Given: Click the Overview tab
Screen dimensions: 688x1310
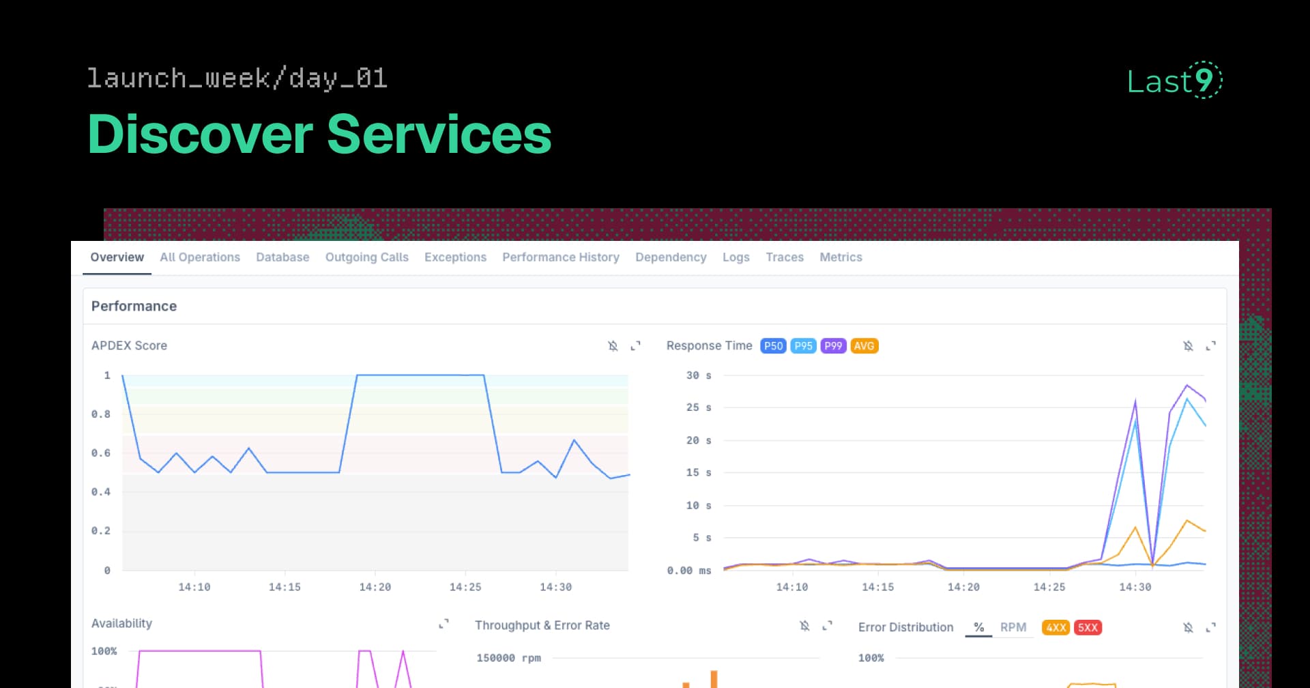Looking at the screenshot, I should [117, 257].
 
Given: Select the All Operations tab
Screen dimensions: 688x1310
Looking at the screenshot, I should [200, 257].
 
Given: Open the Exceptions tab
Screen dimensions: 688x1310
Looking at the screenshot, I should [455, 257].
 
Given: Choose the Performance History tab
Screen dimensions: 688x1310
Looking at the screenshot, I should [561, 257].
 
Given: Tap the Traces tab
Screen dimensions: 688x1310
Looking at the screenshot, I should [785, 257].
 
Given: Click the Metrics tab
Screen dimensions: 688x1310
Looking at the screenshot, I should [841, 257].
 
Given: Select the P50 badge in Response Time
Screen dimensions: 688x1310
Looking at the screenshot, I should [773, 346].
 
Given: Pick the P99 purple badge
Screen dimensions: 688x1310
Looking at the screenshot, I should [833, 346].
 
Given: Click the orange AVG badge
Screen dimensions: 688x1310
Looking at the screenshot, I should [864, 346].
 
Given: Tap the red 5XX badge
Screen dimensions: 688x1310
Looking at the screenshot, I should [1088, 628].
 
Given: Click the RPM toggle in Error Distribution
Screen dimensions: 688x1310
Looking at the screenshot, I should [1013, 627].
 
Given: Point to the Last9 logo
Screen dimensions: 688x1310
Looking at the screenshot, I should [1174, 81].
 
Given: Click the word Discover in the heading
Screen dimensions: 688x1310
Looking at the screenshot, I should [200, 134].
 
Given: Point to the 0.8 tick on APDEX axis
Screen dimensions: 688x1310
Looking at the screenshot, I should [101, 414].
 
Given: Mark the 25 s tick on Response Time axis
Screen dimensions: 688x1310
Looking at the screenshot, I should [699, 407].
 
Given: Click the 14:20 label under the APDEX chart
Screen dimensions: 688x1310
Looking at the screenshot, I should [375, 587].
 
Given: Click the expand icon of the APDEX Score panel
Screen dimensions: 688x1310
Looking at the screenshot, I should [635, 346].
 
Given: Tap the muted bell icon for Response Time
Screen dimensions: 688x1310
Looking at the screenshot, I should [1188, 346].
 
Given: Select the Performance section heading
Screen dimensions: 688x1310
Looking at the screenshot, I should [134, 306].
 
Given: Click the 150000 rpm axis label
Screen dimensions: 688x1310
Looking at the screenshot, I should [508, 658].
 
